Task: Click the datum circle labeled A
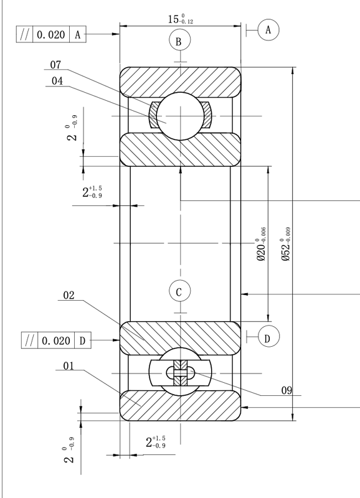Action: pyautogui.click(x=268, y=30)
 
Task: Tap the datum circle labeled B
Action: pyautogui.click(x=179, y=41)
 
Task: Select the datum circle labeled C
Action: pyautogui.click(x=179, y=291)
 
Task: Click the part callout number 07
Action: pyautogui.click(x=55, y=65)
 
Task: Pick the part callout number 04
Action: pyautogui.click(x=57, y=81)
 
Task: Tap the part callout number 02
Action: pyautogui.click(x=69, y=295)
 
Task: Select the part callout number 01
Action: pyautogui.click(x=69, y=366)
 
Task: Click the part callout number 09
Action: pyautogui.click(x=287, y=390)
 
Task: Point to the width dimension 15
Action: pyautogui.click(x=181, y=19)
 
